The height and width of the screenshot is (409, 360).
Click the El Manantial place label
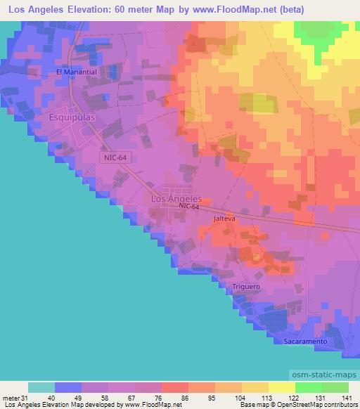pyautogui.click(x=75, y=72)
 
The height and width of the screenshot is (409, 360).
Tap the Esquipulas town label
pyautogui.click(x=71, y=118)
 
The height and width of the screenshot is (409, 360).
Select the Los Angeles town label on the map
pyautogui.click(x=176, y=199)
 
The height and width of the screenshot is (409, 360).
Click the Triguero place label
pyautogui.click(x=246, y=287)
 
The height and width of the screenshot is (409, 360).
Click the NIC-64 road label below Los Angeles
pyautogui.click(x=189, y=207)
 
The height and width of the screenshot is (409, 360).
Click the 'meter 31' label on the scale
pyautogui.click(x=15, y=398)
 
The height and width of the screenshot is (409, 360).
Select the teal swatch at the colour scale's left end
pyautogui.click(x=41, y=387)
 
